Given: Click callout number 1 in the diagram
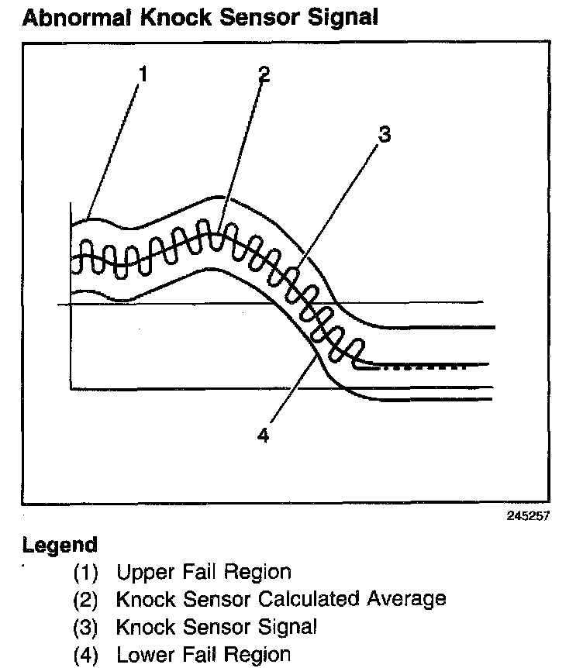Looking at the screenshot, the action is coord(143,74).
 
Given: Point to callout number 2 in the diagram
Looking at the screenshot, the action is coord(264,74).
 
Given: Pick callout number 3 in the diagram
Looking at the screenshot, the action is coord(383,136).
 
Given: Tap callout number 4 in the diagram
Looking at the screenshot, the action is coord(263,435).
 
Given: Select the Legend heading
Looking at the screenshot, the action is coord(60,544).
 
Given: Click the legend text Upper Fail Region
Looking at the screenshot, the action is coord(204,573).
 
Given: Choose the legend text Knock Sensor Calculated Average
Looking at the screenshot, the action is coord(281,599).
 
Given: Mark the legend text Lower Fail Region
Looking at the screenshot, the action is coord(203,653).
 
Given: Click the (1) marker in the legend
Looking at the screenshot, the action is coord(86,573).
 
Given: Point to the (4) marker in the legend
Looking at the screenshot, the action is coord(86,654).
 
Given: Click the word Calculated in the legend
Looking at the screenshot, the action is coord(314,599).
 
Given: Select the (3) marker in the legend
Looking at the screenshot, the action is coord(86,627).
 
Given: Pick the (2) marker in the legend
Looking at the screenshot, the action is coord(86,600).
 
